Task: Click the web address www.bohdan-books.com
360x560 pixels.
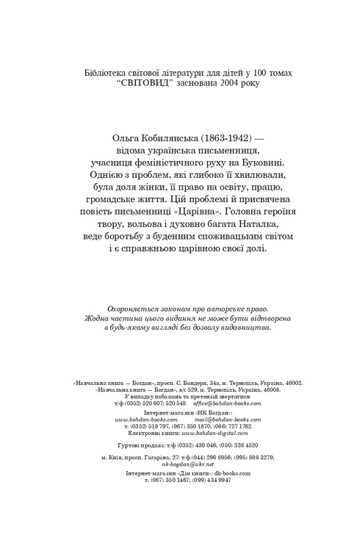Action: point(144,419)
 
